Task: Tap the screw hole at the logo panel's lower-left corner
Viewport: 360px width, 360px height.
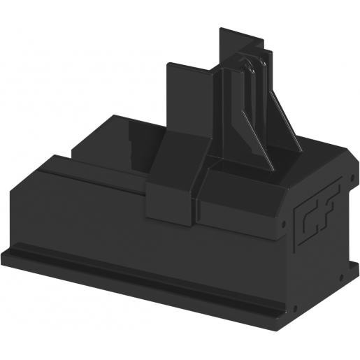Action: click(294, 308)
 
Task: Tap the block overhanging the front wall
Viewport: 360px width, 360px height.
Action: click(171, 203)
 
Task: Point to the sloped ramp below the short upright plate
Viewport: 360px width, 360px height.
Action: click(175, 157)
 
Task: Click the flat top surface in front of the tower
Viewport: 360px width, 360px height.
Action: click(238, 183)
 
